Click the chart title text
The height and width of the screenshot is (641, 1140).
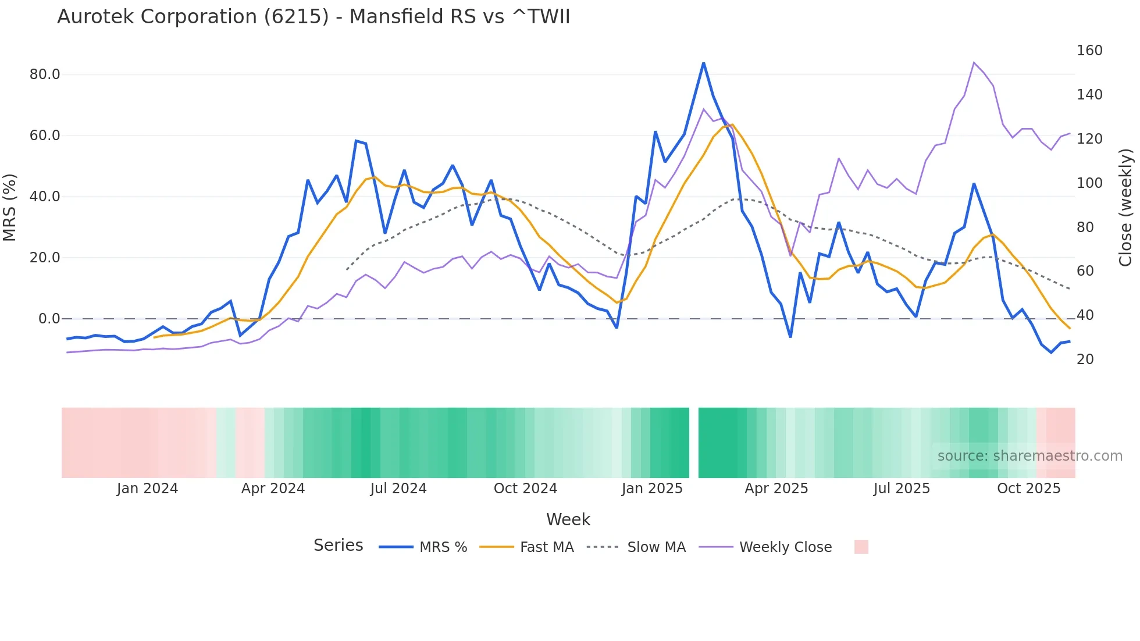pyautogui.click(x=313, y=17)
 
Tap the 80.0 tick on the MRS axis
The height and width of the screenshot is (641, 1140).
pyautogui.click(x=45, y=74)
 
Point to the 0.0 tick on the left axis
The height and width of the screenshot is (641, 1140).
pyautogui.click(x=49, y=319)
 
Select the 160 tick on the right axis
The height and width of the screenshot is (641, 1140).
pyautogui.click(x=1089, y=51)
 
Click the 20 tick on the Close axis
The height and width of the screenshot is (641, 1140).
pyautogui.click(x=1085, y=359)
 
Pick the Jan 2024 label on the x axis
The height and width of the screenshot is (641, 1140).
pyautogui.click(x=147, y=489)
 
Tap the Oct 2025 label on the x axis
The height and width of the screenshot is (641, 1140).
pyautogui.click(x=1028, y=489)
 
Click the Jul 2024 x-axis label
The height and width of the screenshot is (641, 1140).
pyautogui.click(x=398, y=489)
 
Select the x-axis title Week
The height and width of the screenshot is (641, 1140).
pyautogui.click(x=568, y=519)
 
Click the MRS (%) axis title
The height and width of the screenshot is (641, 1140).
pyautogui.click(x=10, y=207)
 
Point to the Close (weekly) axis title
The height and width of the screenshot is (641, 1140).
pyautogui.click(x=1125, y=207)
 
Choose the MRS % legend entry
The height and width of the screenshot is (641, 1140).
pyautogui.click(x=423, y=547)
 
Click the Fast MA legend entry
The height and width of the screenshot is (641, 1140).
pyautogui.click(x=526, y=547)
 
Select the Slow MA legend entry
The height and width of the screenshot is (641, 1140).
pyautogui.click(x=636, y=547)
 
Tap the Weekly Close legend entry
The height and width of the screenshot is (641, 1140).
pyautogui.click(x=765, y=547)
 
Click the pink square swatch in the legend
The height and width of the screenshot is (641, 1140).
pyautogui.click(x=861, y=547)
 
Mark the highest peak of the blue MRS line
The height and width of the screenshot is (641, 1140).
pyautogui.click(x=703, y=63)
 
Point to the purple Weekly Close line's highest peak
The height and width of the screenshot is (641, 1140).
pyautogui.click(x=974, y=63)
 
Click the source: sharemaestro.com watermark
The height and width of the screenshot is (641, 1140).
pyautogui.click(x=1029, y=456)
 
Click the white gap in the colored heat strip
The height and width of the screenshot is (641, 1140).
pyautogui.click(x=693, y=443)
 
